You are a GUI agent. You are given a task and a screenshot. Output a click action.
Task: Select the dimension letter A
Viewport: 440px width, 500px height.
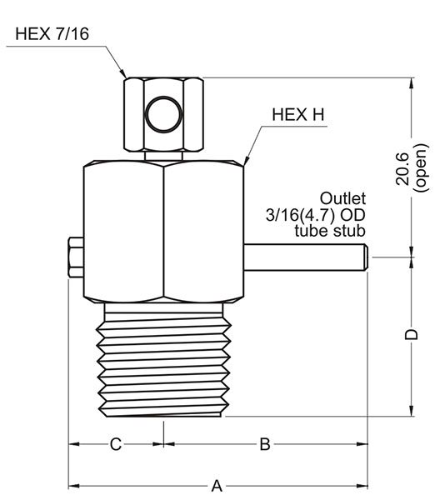point(217,484)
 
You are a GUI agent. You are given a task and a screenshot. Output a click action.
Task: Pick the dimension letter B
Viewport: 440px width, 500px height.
point(264,444)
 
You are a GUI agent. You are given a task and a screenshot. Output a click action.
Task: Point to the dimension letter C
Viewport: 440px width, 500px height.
point(116,444)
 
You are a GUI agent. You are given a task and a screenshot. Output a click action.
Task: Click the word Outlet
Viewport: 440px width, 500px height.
point(343,199)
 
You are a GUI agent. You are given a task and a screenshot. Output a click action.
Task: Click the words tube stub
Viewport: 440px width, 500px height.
point(331,231)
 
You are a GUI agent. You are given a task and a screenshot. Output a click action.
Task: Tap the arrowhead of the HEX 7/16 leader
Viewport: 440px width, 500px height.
point(123,74)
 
